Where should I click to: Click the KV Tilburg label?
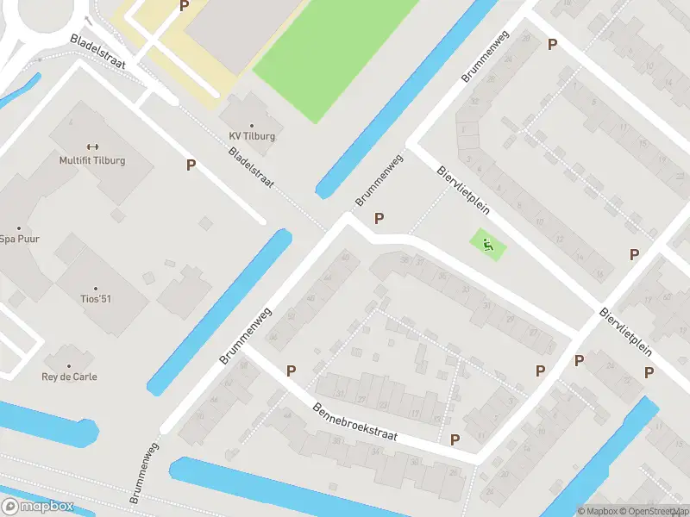click(252, 136)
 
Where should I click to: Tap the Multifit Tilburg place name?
click(92, 161)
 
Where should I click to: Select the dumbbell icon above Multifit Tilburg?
click(92, 146)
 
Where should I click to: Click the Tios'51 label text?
click(95, 299)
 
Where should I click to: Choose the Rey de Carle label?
click(70, 377)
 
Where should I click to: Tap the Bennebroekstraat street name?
click(354, 422)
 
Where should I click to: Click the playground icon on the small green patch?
click(489, 245)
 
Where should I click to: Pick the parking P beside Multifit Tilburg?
click(191, 165)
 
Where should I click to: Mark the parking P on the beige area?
click(184, 5)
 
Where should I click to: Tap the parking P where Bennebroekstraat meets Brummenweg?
click(292, 371)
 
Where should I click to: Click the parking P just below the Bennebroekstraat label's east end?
click(455, 439)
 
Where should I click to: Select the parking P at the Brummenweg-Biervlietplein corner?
click(379, 219)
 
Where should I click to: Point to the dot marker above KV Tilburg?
click(252, 123)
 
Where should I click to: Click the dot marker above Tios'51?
click(95, 288)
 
